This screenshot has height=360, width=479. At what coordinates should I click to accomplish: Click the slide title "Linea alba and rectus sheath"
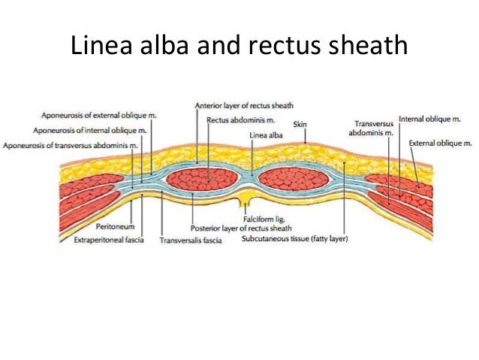tap(239, 48)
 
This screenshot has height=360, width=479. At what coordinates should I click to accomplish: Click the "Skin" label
tap(300, 124)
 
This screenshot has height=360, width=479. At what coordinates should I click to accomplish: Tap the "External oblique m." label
tap(440, 142)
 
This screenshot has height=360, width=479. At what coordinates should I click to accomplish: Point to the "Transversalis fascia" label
tap(190, 241)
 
